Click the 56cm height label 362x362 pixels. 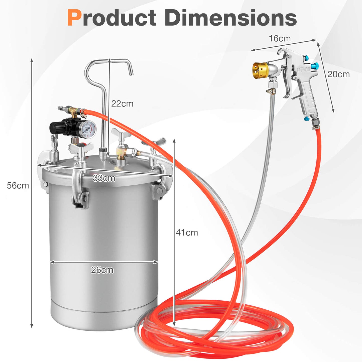18,186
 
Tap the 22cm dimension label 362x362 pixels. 122,104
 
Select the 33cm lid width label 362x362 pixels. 104,178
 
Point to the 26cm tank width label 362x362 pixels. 102,270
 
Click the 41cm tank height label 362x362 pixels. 187,233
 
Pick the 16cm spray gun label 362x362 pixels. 280,39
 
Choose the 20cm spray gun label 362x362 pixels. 338,74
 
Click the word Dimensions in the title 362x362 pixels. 230,18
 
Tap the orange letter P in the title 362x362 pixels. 74,18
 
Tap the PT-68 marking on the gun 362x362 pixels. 304,69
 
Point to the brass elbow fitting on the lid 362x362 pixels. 121,152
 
